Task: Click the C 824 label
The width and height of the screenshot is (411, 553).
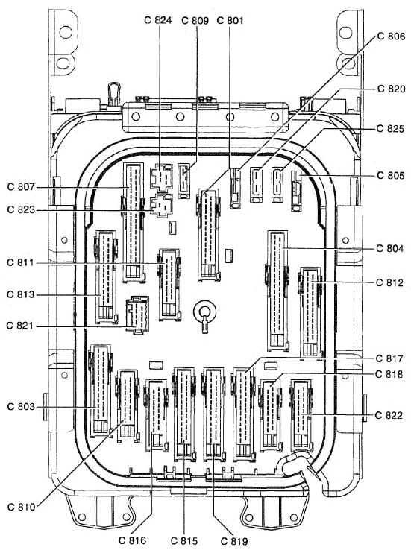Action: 158,20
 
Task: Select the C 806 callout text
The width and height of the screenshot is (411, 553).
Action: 391,37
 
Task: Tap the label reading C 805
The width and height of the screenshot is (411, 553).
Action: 391,175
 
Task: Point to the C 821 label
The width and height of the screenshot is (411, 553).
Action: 20,326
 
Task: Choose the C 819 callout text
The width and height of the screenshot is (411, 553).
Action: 234,541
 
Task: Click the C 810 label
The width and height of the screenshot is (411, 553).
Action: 21,507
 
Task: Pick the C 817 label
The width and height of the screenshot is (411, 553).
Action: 389,358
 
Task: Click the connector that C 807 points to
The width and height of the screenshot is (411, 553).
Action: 133,223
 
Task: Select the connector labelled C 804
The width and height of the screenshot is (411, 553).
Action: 277,291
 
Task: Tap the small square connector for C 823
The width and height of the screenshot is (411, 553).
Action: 161,206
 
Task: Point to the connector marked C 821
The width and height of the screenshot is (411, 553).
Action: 137,315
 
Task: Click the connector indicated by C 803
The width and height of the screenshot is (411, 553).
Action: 101,390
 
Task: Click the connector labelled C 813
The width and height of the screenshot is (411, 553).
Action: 106,276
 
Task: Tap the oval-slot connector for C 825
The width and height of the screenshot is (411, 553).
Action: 277,185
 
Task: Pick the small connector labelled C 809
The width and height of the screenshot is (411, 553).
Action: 183,180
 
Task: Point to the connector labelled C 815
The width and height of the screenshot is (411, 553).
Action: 183,414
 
